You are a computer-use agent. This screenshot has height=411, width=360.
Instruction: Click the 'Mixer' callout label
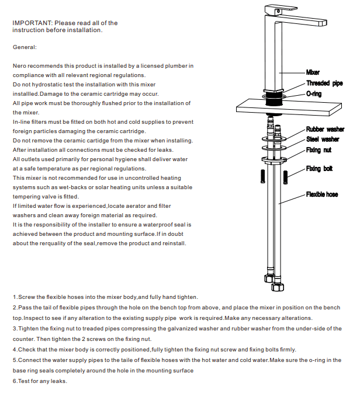313,72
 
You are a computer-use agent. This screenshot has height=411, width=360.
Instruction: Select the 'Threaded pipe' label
324,83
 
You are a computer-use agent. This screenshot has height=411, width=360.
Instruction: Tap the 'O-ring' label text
314,94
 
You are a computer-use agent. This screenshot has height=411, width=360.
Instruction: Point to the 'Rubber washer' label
325,129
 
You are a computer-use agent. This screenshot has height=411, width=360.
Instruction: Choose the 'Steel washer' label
323,140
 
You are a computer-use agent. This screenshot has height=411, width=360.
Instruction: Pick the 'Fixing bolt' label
319,169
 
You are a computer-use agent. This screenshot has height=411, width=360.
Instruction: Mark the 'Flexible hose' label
322,194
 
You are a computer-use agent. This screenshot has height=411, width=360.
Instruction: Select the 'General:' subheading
25,47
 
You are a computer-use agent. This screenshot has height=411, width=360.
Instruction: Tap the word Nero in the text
20,67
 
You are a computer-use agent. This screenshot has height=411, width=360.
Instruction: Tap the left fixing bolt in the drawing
262,176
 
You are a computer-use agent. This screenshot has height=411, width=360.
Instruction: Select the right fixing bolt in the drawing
285,176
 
